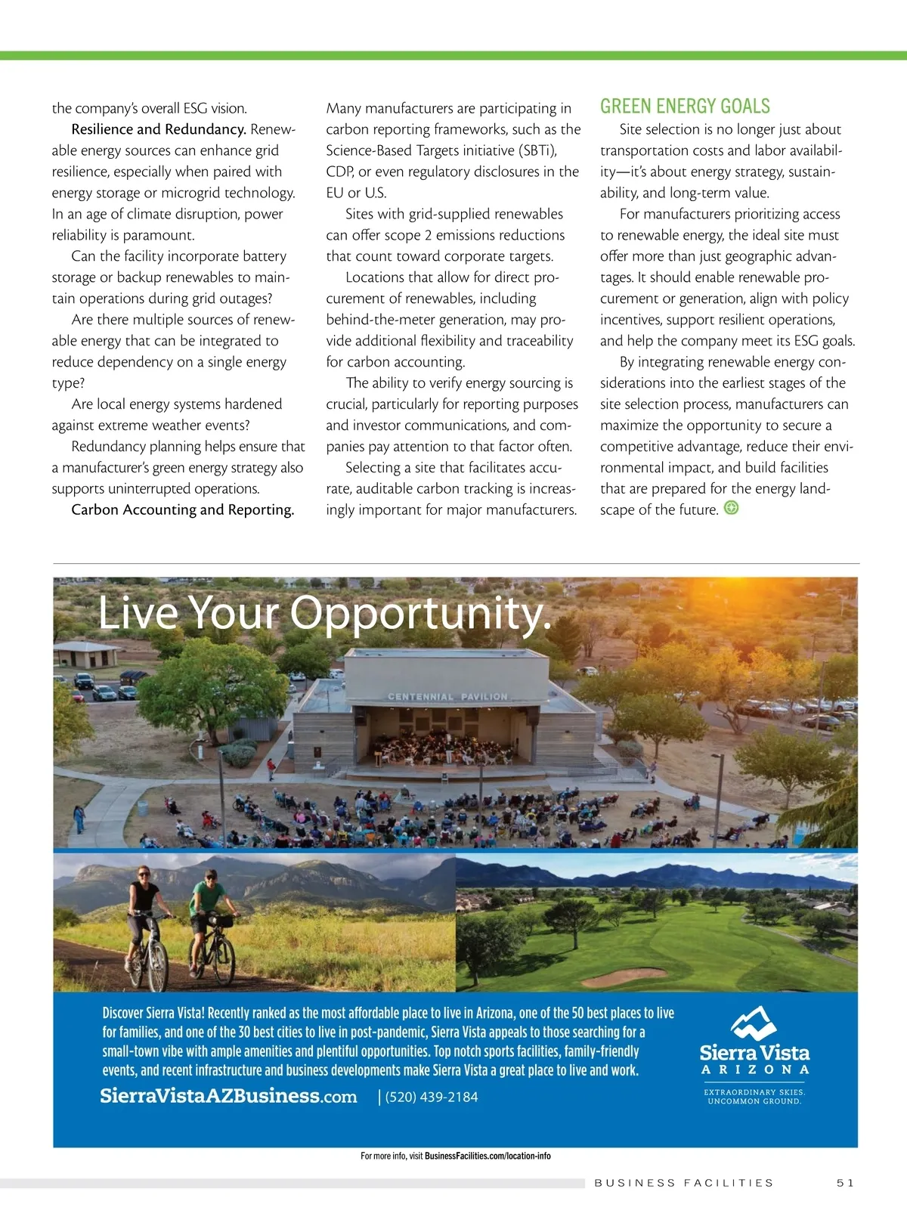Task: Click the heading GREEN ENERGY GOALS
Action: point(685,106)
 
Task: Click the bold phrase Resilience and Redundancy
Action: point(159,129)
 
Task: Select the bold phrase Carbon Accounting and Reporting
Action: point(182,509)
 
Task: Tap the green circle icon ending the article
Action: point(731,508)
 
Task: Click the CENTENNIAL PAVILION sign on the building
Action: point(447,696)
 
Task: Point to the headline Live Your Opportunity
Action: point(325,612)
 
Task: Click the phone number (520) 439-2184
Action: point(432,1097)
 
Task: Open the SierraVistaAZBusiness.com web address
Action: point(228,1096)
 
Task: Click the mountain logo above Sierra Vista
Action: point(754,1022)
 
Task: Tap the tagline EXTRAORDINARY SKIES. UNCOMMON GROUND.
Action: point(754,1097)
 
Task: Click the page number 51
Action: point(845,1183)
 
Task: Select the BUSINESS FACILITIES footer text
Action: point(684,1183)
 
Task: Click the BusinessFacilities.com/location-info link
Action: point(488,1156)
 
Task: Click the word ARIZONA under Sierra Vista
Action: point(754,1070)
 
